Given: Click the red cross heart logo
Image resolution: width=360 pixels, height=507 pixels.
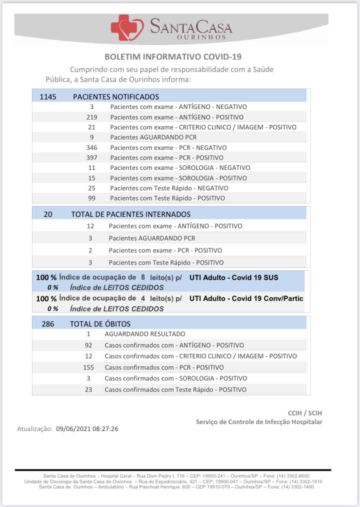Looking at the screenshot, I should click(127, 27).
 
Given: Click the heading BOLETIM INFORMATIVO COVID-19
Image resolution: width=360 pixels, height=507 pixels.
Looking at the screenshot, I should click(173, 57).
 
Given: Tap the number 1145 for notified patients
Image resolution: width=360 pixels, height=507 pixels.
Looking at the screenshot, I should click(48, 97).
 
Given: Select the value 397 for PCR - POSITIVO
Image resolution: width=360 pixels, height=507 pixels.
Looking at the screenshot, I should click(92, 158).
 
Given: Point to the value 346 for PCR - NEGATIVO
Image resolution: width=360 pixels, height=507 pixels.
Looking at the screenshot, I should click(92, 148).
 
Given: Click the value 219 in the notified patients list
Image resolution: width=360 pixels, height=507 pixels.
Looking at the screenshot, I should click(92, 117).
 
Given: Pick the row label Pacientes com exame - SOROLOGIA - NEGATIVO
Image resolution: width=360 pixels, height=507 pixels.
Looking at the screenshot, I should click(180, 168).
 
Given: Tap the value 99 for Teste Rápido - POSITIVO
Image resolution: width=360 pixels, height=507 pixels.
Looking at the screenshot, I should click(92, 198).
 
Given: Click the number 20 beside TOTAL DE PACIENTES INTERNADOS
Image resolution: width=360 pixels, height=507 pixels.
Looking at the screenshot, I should click(48, 214).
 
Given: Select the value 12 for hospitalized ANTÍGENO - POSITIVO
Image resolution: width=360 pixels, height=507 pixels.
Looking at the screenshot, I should click(90, 226).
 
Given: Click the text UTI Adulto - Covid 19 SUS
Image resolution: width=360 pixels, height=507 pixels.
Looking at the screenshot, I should click(234, 277).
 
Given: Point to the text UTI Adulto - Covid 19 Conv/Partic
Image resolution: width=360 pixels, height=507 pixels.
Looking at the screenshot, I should click(246, 299).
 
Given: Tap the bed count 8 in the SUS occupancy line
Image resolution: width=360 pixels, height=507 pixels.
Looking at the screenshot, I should click(143, 277).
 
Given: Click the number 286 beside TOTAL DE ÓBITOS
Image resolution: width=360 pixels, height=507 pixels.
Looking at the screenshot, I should click(48, 324).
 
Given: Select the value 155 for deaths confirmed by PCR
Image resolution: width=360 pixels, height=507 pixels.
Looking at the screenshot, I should click(88, 367).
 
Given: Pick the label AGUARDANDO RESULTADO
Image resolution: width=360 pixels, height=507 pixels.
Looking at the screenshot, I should click(145, 334).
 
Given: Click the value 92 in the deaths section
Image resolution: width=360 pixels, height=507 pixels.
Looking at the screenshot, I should click(88, 345).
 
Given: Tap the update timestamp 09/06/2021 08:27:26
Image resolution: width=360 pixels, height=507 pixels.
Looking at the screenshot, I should click(87, 429).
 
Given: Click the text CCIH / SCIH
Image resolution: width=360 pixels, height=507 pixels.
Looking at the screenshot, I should click(305, 413).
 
